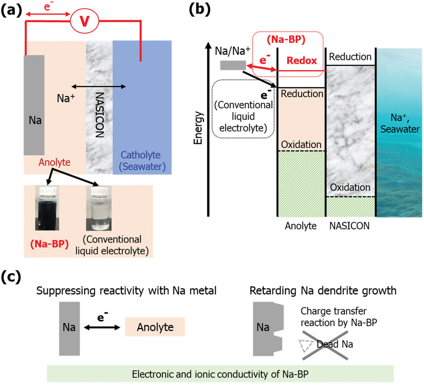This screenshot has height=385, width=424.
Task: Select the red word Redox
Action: click(301, 61)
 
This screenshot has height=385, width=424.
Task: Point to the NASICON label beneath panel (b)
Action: click(350, 226)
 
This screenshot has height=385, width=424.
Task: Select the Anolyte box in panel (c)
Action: click(155, 327)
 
